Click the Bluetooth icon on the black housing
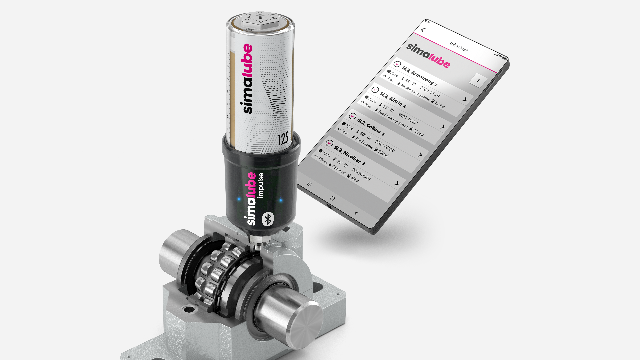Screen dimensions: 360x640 pyautogui.click(x=268, y=219)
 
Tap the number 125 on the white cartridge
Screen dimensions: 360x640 pyautogui.click(x=283, y=139)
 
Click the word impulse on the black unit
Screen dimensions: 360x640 pyautogui.click(x=261, y=185)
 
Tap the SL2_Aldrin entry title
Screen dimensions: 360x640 pyautogui.click(x=391, y=99)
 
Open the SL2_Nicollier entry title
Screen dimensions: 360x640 pyautogui.click(x=347, y=154)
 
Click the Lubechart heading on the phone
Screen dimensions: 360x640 pyautogui.click(x=459, y=47)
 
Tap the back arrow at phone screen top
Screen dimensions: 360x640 pyautogui.click(x=423, y=30)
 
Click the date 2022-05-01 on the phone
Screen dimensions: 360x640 pyautogui.click(x=361, y=174)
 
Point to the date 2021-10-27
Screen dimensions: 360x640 pyautogui.click(x=407, y=118)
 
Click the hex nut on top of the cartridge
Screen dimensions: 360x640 pyautogui.click(x=260, y=21)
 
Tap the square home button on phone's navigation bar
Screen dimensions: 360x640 pyautogui.click(x=332, y=198)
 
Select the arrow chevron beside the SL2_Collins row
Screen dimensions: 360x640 pyautogui.click(x=420, y=155)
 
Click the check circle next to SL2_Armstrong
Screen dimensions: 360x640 pyautogui.click(x=397, y=64)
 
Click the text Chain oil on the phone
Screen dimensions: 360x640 pyautogui.click(x=339, y=169)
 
